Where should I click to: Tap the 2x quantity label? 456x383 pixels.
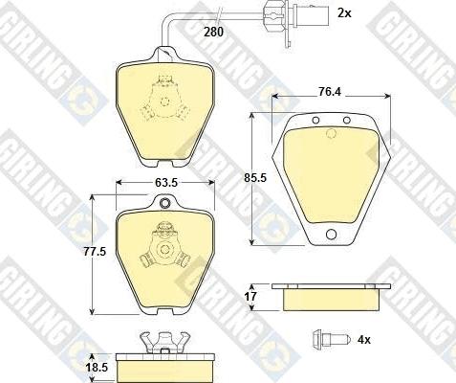344,12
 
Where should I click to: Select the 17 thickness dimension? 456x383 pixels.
252,298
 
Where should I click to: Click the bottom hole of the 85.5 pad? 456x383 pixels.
331,237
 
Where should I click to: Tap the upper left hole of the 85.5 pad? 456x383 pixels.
315,121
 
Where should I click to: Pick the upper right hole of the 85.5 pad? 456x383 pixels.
345,121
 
